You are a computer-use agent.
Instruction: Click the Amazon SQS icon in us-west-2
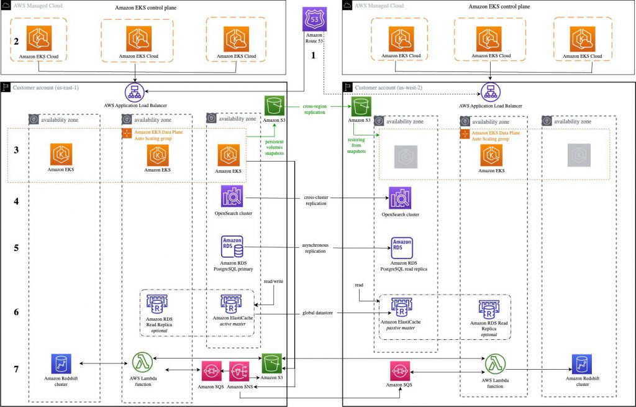click(x=401, y=371)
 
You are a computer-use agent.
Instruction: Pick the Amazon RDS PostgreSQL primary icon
click(x=232, y=247)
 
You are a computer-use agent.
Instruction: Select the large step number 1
click(x=313, y=55)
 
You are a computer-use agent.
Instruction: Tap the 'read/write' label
click(x=274, y=280)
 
